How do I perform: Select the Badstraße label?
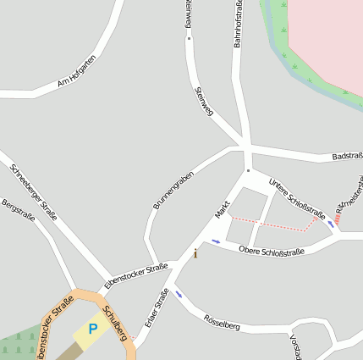pos(347,157)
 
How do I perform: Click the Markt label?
pos(223,208)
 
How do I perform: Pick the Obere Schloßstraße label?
pos(271,251)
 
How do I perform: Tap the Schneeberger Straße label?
pos(34,191)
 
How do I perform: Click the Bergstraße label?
pos(18,210)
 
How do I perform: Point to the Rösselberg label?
pos(222,322)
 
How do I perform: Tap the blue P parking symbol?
pos(93,327)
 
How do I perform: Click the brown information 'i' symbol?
pos(196,252)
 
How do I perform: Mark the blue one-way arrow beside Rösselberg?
pos(179,296)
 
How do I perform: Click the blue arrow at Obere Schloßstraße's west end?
pos(217,241)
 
